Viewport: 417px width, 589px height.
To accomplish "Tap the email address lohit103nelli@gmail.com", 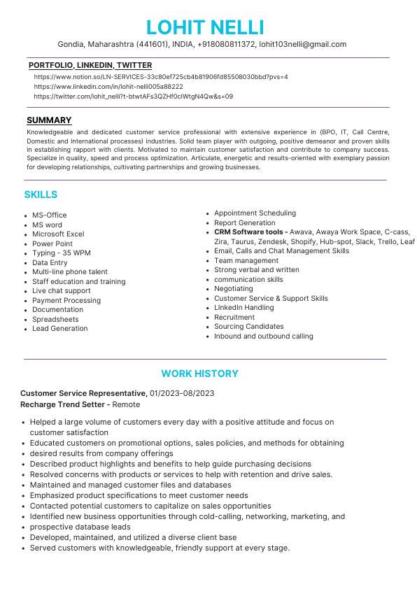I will (x=302, y=44).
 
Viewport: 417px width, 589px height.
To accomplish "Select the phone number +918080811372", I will (x=226, y=44).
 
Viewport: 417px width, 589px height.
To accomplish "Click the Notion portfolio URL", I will (x=160, y=76).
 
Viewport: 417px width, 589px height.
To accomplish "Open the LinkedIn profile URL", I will (x=108, y=86).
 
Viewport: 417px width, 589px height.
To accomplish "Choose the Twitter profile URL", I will (x=133, y=96).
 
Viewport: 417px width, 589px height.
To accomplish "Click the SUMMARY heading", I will (x=49, y=120).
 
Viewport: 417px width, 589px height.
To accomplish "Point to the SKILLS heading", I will (x=41, y=194).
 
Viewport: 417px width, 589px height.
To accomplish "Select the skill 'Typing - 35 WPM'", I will (x=61, y=253).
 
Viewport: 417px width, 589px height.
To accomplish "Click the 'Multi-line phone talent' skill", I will (x=70, y=272).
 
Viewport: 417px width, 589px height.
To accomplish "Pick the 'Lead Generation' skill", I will (x=60, y=328).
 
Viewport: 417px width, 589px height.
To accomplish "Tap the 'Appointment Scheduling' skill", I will (x=255, y=213).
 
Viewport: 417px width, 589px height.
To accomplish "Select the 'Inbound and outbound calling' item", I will (x=264, y=336).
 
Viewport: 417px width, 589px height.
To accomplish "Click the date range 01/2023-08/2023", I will (x=182, y=393).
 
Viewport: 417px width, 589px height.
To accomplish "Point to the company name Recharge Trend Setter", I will (x=62, y=404).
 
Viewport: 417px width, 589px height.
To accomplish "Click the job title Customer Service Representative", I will (x=83, y=393).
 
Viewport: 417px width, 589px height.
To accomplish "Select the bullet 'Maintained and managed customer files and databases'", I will (x=130, y=485).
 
